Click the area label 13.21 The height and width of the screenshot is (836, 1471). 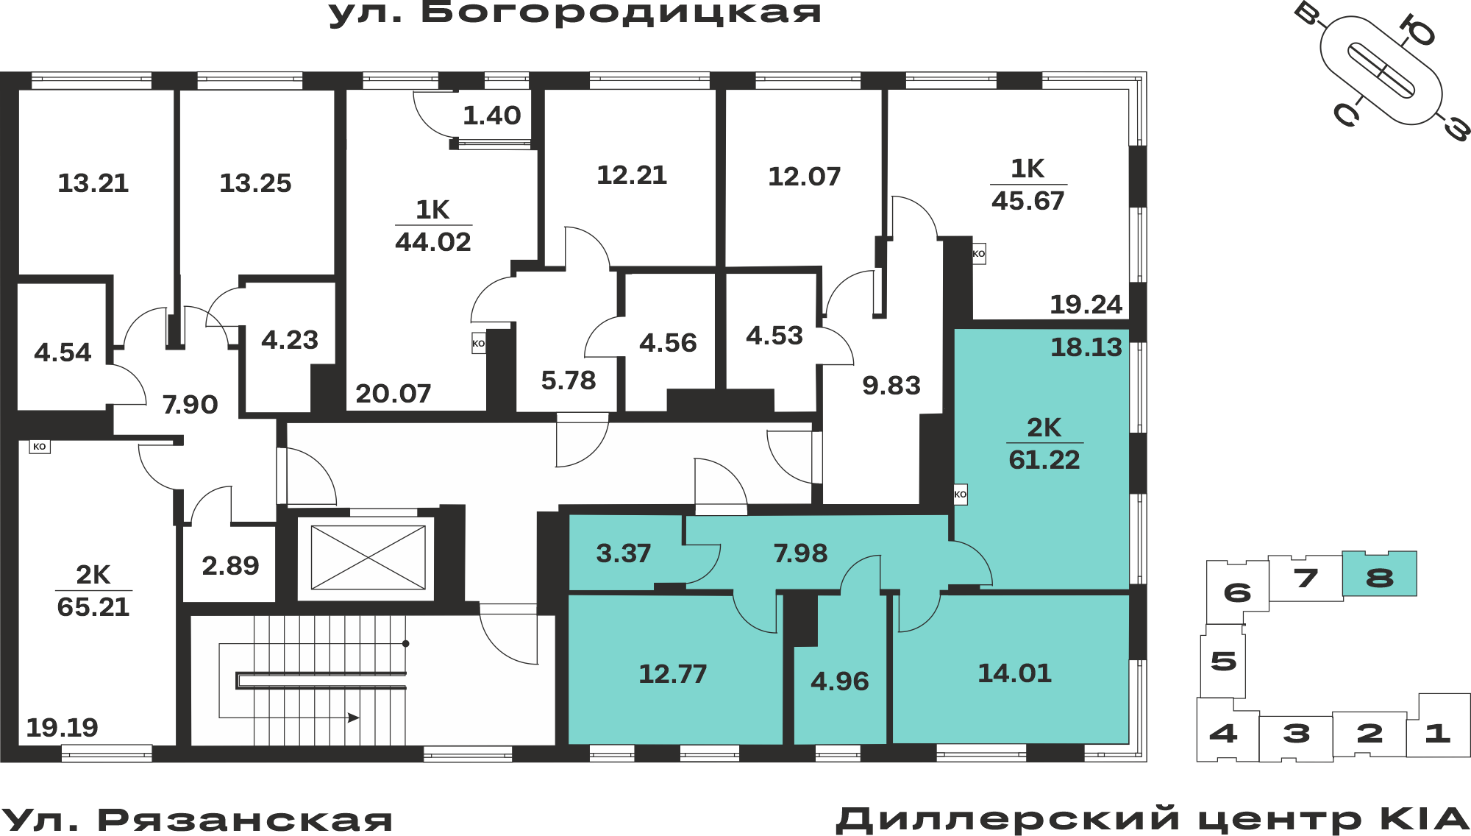click(x=93, y=183)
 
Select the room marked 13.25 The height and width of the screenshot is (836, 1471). click(x=256, y=183)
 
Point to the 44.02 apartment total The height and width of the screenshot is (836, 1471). click(x=433, y=242)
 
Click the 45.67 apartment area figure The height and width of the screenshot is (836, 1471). click(x=1028, y=201)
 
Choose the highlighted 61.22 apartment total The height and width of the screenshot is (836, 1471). click(x=1044, y=460)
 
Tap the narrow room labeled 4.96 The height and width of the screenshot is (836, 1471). click(x=840, y=681)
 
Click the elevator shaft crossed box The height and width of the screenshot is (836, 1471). click(x=368, y=557)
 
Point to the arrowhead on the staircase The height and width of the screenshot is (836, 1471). click(x=354, y=718)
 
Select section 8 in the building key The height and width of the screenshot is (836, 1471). click(x=1380, y=574)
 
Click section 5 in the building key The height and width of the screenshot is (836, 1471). click(x=1223, y=661)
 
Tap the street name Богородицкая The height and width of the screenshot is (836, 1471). click(x=621, y=13)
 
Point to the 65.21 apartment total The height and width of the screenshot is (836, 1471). click(x=93, y=607)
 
